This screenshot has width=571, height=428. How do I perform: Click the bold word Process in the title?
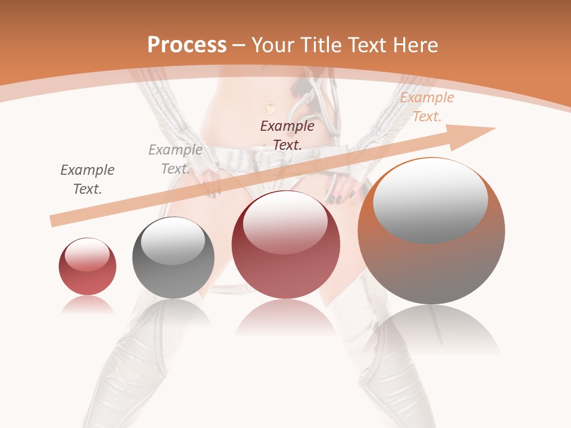click(187, 45)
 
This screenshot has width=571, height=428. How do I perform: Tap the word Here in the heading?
click(415, 45)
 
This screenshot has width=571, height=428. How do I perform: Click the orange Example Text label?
click(427, 107)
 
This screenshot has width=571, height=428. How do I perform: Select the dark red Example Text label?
click(287, 135)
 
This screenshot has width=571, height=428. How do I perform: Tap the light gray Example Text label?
click(175, 159)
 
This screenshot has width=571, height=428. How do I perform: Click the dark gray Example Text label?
click(87, 180)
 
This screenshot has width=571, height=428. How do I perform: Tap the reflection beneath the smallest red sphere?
click(87, 305)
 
